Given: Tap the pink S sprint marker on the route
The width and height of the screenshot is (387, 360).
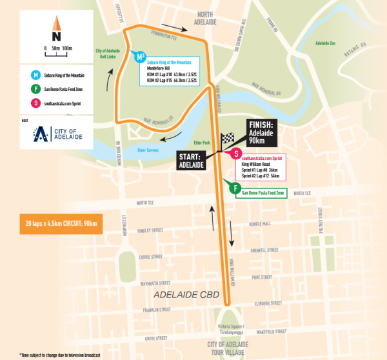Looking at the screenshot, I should tap(237, 154).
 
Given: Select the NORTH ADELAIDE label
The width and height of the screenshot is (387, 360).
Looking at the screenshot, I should tap(213, 17).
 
